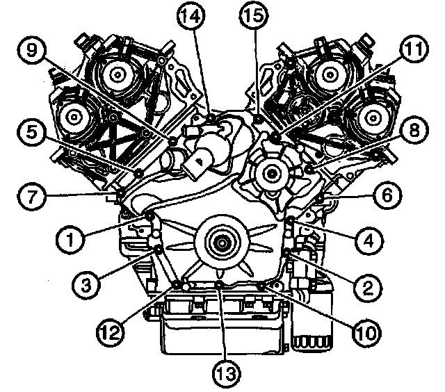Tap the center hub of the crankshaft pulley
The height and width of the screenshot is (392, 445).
point(220,243)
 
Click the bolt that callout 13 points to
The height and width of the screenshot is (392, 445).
point(220,285)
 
